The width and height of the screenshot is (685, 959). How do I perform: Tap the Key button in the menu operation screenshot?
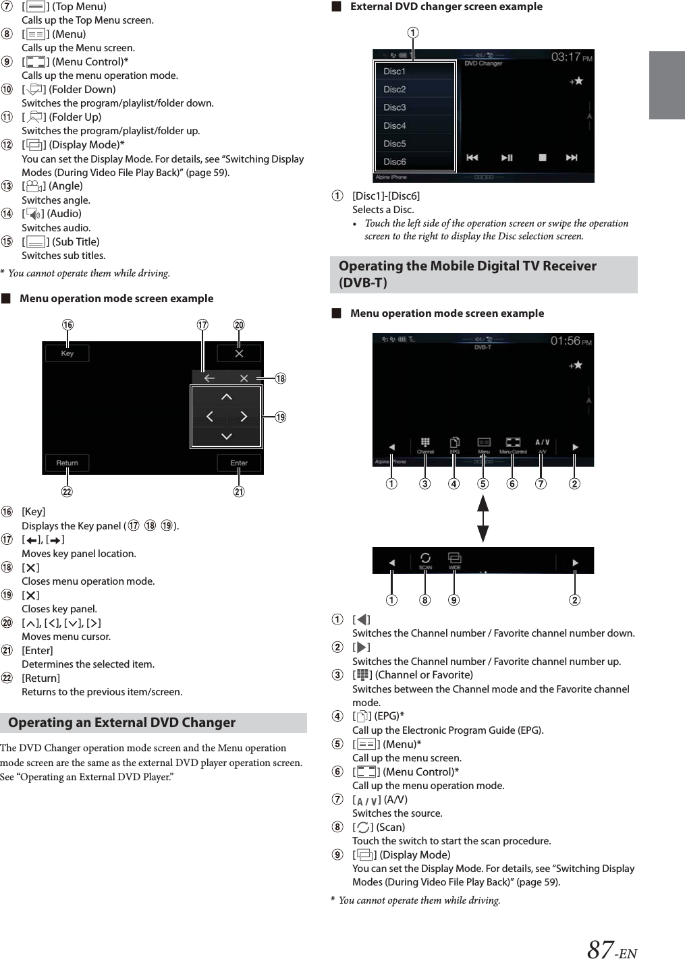[67, 353]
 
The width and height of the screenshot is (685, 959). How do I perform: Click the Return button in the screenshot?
[67, 463]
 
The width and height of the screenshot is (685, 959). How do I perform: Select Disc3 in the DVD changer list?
[395, 107]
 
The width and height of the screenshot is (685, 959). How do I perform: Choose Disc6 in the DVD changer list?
[395, 162]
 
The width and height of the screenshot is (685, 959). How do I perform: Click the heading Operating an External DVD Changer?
[121, 722]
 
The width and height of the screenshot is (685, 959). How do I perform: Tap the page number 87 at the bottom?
[600, 949]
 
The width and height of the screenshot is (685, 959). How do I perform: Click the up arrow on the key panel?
[226, 397]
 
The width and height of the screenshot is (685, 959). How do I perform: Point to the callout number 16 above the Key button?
[67, 325]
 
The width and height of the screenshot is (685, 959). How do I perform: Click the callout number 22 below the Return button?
[67, 492]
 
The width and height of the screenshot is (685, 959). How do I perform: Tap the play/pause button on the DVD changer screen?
[506, 158]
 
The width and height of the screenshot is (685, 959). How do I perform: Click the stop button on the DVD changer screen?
[542, 158]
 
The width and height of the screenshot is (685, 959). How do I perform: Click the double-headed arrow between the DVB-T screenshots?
[483, 517]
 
